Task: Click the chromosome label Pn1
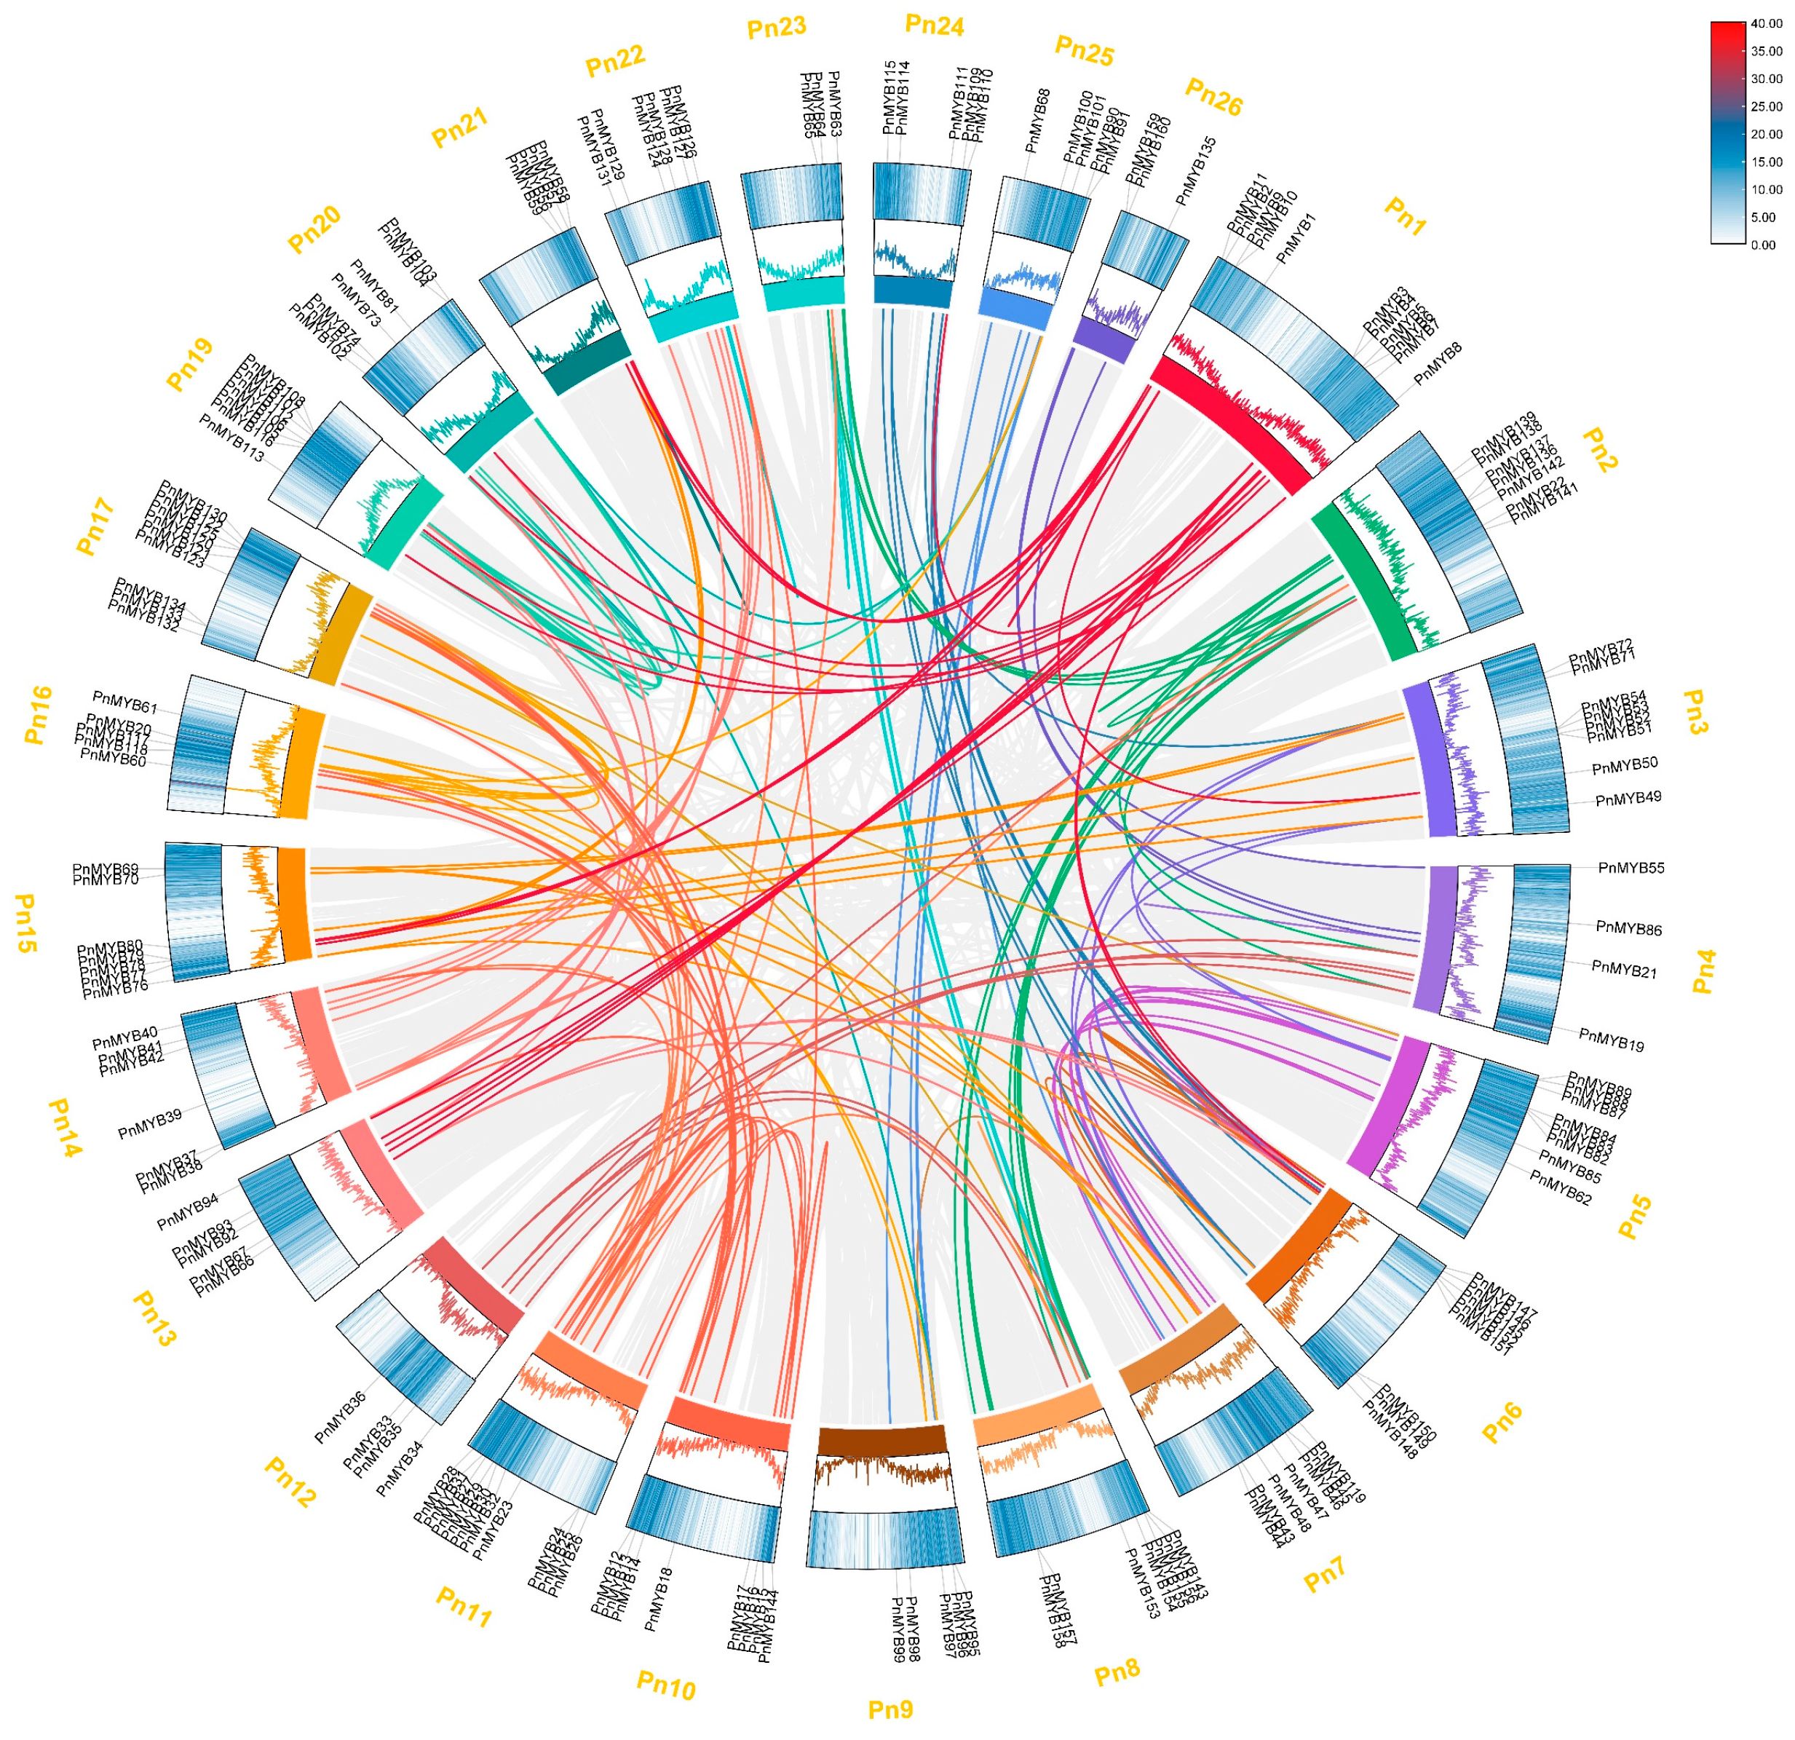pyautogui.click(x=1404, y=218)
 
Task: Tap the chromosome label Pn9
pyautogui.click(x=890, y=1709)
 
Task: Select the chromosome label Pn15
pyautogui.click(x=25, y=923)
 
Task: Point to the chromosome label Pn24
pyautogui.click(x=934, y=25)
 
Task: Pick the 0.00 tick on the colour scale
pyautogui.click(x=1763, y=245)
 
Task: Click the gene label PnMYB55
pyautogui.click(x=1631, y=868)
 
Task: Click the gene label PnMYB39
pyautogui.click(x=150, y=1123)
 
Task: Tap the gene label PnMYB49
pyautogui.click(x=1628, y=799)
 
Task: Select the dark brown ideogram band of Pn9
pyautogui.click(x=881, y=1439)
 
